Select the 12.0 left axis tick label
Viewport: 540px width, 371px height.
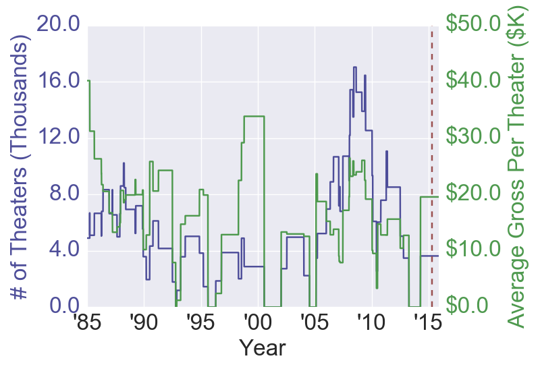point(59,138)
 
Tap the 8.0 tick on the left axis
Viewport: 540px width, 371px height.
point(65,194)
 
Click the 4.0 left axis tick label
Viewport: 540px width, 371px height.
point(65,250)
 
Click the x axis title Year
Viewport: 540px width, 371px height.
point(263,349)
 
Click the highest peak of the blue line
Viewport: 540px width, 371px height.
point(354,67)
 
